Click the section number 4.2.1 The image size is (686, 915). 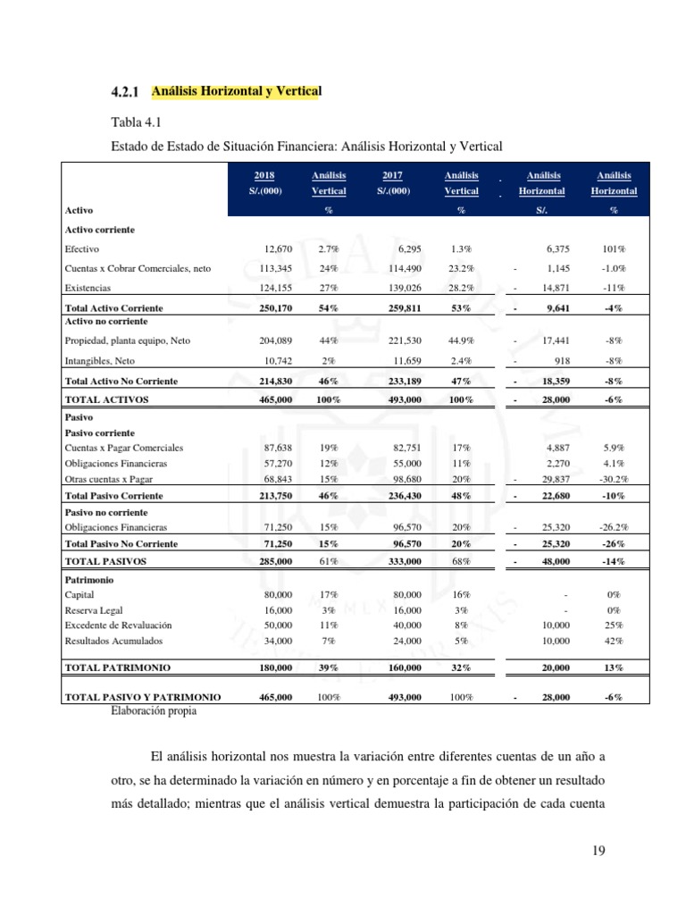click(x=126, y=92)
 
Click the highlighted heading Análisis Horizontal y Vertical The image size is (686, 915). click(x=237, y=91)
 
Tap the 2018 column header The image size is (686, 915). click(x=264, y=176)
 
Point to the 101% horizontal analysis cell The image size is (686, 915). click(x=613, y=249)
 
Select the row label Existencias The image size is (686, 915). click(x=88, y=288)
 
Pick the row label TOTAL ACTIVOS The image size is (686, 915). click(x=107, y=399)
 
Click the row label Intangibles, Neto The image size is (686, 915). click(x=100, y=361)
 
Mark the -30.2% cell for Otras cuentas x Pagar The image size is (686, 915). click(x=613, y=480)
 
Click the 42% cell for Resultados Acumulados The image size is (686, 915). click(x=614, y=641)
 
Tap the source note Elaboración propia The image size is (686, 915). click(x=154, y=711)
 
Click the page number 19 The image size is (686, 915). click(x=598, y=851)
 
